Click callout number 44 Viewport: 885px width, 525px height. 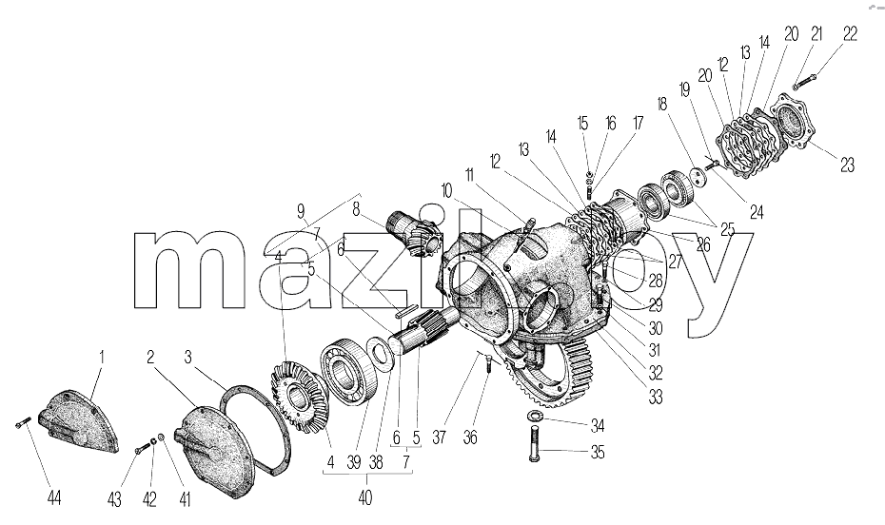pos(53,498)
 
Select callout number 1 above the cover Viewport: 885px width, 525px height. pos(102,358)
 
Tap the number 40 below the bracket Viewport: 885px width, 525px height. pos(365,498)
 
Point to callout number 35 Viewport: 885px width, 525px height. pos(598,452)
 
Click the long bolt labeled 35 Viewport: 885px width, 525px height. pos(535,445)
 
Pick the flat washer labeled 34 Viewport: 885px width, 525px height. pos(533,417)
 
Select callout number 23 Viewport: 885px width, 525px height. pos(847,165)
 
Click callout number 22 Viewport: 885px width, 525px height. pos(850,34)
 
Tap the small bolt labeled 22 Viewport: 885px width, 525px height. pos(804,82)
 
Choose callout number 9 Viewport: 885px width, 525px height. pos(301,211)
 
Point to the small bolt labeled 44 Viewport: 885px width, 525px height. pos(22,422)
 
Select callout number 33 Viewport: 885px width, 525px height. pos(656,397)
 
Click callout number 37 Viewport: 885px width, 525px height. pos(440,437)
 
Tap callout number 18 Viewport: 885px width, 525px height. pos(662,105)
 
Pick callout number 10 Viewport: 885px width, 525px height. pos(446,191)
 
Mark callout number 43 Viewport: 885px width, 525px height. pos(114,499)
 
